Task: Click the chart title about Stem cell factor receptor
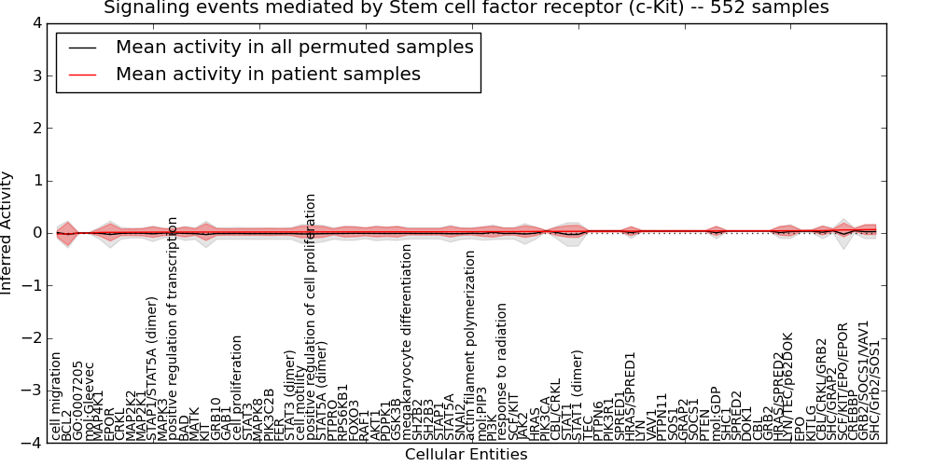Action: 466,8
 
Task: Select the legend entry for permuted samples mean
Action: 294,48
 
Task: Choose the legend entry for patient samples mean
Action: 268,74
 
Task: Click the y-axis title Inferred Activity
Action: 7,233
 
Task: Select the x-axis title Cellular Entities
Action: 466,455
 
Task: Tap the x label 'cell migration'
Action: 56,395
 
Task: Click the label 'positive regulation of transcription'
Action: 173,328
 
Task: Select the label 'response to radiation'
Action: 502,371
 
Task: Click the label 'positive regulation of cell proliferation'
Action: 312,317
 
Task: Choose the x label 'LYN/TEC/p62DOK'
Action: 787,386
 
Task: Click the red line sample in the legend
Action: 81,74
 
